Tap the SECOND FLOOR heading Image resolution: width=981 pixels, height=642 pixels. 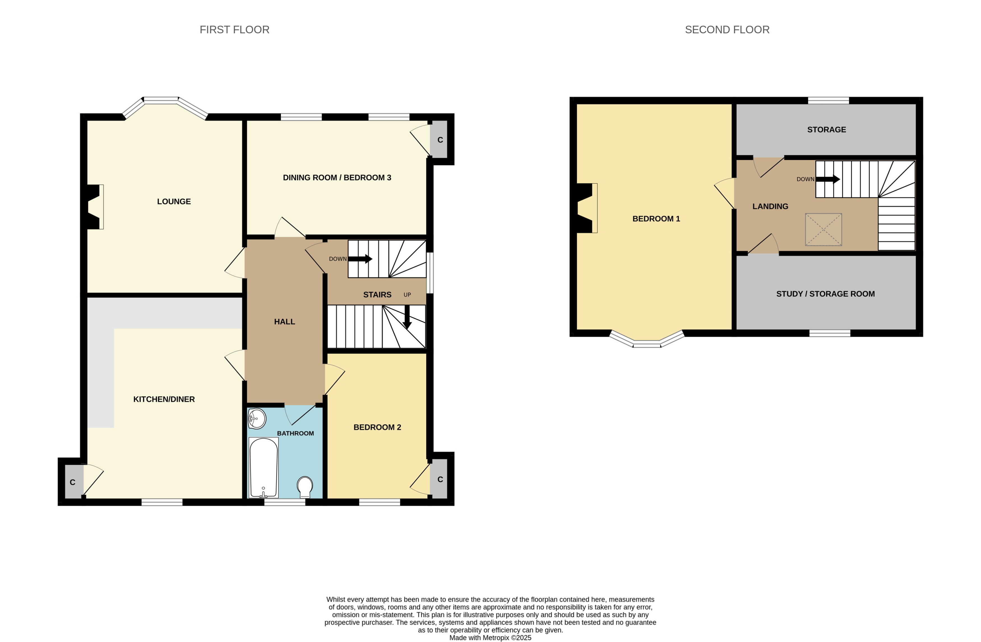pyautogui.click(x=727, y=30)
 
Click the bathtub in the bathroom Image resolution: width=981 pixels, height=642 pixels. pyautogui.click(x=263, y=467)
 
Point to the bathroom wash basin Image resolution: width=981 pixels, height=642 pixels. pyautogui.click(x=257, y=419)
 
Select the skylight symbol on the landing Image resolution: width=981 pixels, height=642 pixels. pyautogui.click(x=823, y=230)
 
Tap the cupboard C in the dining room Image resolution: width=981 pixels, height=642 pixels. pyautogui.click(x=439, y=140)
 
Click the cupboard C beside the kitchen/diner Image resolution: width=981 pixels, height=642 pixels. pyautogui.click(x=73, y=482)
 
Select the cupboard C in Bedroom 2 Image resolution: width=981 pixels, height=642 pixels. pyautogui.click(x=439, y=479)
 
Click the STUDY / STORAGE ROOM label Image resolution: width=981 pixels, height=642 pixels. pyautogui.click(x=825, y=294)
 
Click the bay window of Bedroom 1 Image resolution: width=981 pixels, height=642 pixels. pyautogui.click(x=646, y=340)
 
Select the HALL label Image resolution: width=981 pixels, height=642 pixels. pyautogui.click(x=284, y=321)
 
